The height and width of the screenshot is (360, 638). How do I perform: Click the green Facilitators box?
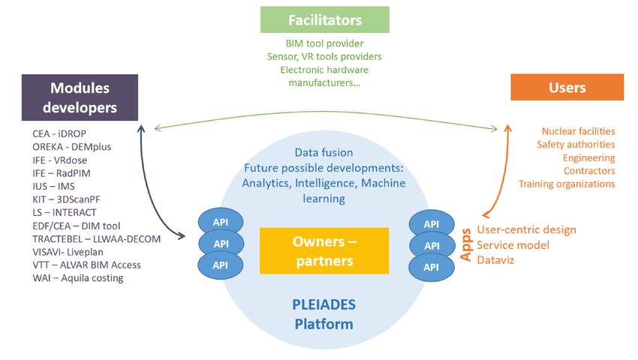325,19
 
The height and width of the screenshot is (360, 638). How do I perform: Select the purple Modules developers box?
80,97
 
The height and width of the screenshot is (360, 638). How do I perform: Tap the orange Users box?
567,87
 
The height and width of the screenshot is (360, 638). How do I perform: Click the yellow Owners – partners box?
324,251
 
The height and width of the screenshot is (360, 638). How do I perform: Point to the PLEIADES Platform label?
324,314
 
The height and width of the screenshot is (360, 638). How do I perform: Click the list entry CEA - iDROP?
59,133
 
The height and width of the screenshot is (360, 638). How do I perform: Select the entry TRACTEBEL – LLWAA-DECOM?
96,238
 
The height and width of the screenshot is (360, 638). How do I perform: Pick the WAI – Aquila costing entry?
78,278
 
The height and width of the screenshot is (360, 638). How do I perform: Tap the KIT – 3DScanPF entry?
66,199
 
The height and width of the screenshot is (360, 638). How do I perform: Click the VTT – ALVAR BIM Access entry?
86,265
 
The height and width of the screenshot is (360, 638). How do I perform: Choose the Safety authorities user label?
576,145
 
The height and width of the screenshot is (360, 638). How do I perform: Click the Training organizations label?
567,184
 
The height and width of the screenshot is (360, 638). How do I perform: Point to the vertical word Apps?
466,245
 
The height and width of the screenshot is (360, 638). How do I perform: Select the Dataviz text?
495,260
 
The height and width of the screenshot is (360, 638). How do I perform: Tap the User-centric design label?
526,229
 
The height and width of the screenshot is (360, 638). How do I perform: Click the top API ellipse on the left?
221,222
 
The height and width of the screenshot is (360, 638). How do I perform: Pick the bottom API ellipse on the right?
432,267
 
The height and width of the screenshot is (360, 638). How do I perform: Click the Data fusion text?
324,152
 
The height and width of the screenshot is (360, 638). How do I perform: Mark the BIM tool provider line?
325,43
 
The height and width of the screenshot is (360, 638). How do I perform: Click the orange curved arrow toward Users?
505,172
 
